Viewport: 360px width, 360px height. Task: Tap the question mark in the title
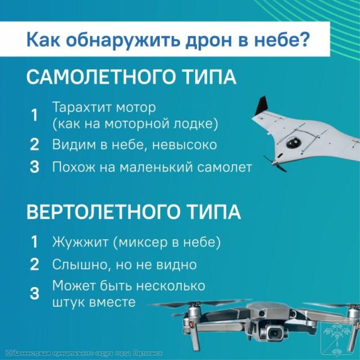(x=302, y=38)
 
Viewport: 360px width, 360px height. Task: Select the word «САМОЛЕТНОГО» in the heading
(x=100, y=77)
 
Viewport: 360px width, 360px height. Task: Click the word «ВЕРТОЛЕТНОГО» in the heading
(x=102, y=212)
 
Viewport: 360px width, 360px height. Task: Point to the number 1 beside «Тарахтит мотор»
(x=34, y=115)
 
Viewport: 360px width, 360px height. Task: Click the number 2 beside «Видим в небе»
(x=34, y=144)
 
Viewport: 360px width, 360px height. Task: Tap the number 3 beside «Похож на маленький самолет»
(x=34, y=166)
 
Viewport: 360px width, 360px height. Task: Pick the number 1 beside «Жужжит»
(x=34, y=242)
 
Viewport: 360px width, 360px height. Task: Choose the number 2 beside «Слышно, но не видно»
(x=34, y=264)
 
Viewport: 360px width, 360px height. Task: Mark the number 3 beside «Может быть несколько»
(x=34, y=293)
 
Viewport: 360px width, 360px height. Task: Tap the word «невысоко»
(x=185, y=145)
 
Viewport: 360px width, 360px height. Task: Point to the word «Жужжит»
(x=80, y=242)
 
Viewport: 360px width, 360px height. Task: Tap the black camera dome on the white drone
(x=292, y=143)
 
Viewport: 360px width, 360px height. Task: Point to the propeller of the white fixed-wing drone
(x=275, y=164)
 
